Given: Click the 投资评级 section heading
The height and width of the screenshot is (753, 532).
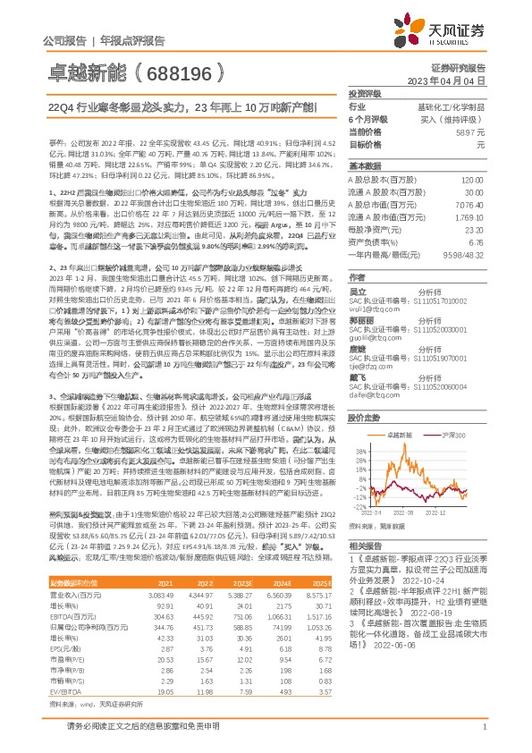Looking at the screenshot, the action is [365, 93].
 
